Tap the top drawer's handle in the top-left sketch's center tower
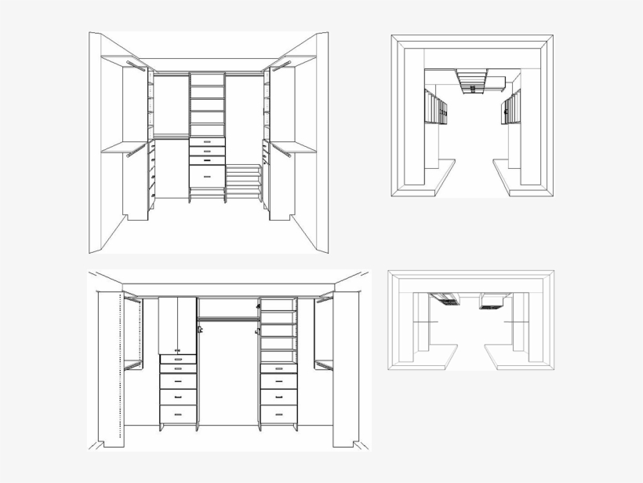(x=207, y=142)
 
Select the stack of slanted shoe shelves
(x=244, y=182)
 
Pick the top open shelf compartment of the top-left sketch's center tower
(x=207, y=80)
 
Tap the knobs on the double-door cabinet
(x=177, y=349)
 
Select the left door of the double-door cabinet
(x=168, y=325)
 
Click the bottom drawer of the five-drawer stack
(x=178, y=415)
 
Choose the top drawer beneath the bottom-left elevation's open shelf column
(x=278, y=368)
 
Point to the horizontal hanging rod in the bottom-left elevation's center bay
(x=227, y=319)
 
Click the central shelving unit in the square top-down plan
(x=471, y=81)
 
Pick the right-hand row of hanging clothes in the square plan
(x=511, y=108)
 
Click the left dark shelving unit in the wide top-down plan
(x=445, y=298)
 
